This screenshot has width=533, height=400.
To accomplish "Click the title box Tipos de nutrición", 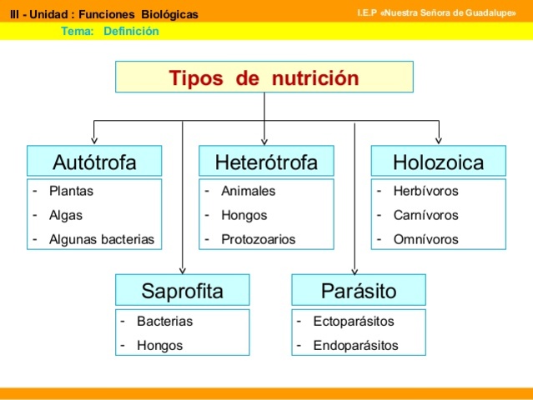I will pyautogui.click(x=264, y=78).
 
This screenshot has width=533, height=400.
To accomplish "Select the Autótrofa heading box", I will pyautogui.click(x=93, y=162).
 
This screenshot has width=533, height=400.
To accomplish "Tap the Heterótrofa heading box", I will pyautogui.click(x=265, y=162).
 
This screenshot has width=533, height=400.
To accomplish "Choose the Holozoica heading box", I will pyautogui.click(x=438, y=162).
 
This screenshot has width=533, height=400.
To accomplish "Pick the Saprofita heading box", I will pyautogui.click(x=182, y=291).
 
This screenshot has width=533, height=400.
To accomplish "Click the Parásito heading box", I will pyautogui.click(x=358, y=291).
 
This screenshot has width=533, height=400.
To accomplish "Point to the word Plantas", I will pyautogui.click(x=71, y=191).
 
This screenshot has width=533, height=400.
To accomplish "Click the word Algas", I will pyautogui.click(x=66, y=215).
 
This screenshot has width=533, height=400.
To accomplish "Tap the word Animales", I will pyautogui.click(x=248, y=191).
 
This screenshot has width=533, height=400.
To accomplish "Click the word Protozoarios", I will pyautogui.click(x=258, y=239).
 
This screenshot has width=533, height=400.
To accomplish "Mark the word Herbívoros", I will pyautogui.click(x=425, y=191).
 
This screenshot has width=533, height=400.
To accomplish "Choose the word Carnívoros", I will pyautogui.click(x=425, y=215).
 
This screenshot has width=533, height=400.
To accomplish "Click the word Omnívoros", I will pyautogui.click(x=425, y=239).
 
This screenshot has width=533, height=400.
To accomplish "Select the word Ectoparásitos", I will pyautogui.click(x=354, y=321).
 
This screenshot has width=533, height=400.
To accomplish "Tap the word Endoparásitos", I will pyautogui.click(x=355, y=345).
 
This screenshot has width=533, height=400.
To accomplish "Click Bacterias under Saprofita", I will pyautogui.click(x=164, y=321).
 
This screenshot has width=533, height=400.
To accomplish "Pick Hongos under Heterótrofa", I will pyautogui.click(x=244, y=215).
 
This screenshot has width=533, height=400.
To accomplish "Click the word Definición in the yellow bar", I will pyautogui.click(x=131, y=32).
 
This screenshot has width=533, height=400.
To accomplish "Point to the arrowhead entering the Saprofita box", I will pyautogui.click(x=183, y=272).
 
